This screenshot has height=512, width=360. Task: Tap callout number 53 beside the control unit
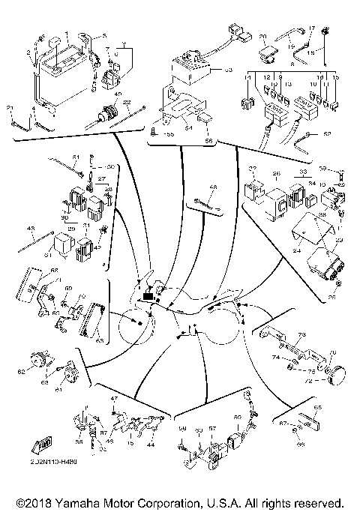229,72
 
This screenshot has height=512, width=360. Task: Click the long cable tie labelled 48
204,200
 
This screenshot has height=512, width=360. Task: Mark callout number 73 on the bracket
302,335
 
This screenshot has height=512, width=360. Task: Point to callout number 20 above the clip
262,36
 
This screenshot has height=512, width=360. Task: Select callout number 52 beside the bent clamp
327,135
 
